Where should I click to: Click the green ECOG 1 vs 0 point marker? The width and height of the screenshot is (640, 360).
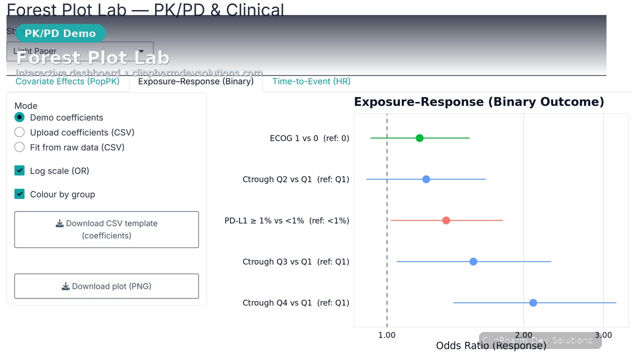coord(419,138)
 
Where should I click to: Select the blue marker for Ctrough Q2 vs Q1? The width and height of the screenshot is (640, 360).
coord(426,179)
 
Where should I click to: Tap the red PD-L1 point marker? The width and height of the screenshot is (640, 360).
coord(446,220)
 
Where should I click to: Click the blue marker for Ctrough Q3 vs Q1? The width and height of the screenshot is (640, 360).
coord(473,261)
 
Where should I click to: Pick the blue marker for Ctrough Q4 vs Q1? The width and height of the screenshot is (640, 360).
coord(533,303)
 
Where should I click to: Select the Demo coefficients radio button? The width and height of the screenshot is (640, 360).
coord(19,117)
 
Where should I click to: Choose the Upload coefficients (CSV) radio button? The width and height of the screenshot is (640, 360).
coord(19,132)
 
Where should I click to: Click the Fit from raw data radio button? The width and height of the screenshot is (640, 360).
coord(19,147)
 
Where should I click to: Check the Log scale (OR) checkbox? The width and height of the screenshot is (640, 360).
coord(19,171)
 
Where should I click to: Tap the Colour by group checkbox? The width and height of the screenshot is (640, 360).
coord(19,194)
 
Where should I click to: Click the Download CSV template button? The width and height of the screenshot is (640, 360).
coord(106,229)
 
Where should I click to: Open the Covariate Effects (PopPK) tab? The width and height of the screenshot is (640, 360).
coord(67,81)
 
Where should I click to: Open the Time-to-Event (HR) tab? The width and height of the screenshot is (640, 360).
coord(311,81)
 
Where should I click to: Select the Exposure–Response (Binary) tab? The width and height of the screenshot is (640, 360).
coord(195,81)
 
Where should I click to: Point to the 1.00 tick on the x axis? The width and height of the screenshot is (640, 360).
coord(387,335)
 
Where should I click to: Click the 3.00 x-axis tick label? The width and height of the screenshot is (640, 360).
coord(603,335)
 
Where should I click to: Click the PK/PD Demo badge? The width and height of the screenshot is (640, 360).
coord(60,33)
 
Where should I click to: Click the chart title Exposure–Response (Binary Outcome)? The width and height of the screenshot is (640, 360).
coord(478,102)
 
